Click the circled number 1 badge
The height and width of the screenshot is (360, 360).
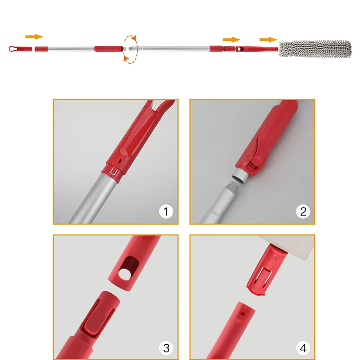pyautogui.click(x=166, y=211)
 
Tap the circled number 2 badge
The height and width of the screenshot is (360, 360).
pyautogui.click(x=303, y=211)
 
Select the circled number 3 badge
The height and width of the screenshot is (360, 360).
pyautogui.click(x=166, y=348)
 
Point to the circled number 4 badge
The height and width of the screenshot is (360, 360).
pyautogui.click(x=303, y=348)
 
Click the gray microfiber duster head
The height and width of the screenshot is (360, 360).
pyautogui.click(x=315, y=49)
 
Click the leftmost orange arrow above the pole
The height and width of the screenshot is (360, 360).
pyautogui.click(x=34, y=37)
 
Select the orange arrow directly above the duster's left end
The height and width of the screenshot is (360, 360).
pyautogui.click(x=268, y=40)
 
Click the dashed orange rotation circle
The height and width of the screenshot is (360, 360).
pyautogui.click(x=130, y=49)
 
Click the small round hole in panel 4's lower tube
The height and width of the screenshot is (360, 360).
pyautogui.click(x=242, y=314)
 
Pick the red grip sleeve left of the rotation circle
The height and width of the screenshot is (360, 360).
pyautogui.click(x=108, y=49)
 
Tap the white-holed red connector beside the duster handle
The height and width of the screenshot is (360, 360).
pyautogui.click(x=241, y=49)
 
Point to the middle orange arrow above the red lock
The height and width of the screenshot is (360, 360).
pyautogui.click(x=231, y=40)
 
